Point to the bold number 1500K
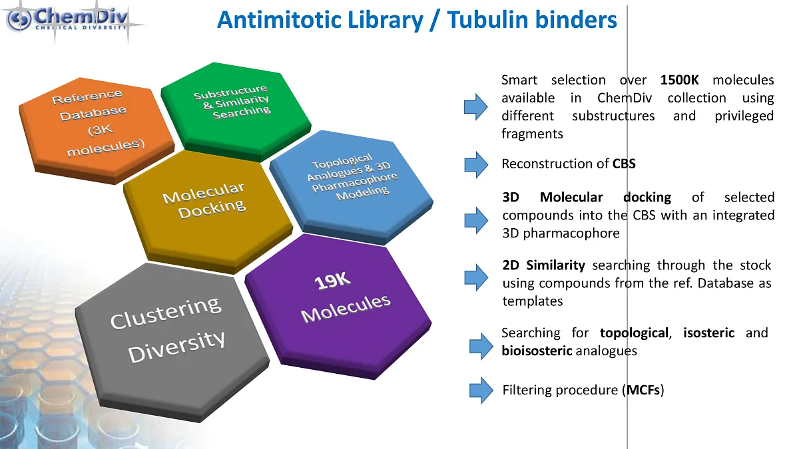679,80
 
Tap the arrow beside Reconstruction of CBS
476,164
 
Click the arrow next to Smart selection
476,107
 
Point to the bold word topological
633,333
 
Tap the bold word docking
647,197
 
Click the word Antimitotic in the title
274,20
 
